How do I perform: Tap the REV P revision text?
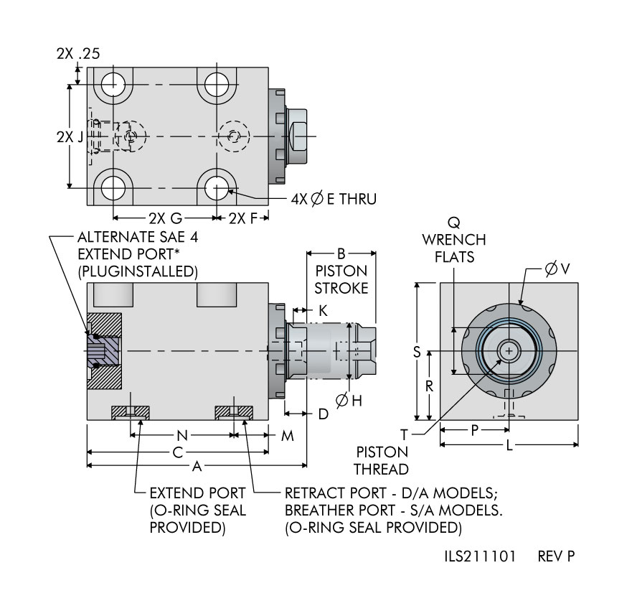click(556, 556)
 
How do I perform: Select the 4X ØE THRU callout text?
click(334, 198)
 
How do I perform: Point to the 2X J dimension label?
click(70, 136)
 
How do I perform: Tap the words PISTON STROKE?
click(341, 279)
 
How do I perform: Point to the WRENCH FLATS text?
click(453, 247)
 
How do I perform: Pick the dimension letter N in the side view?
click(182, 435)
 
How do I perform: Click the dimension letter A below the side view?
click(196, 467)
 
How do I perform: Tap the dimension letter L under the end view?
click(509, 445)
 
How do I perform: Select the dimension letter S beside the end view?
click(416, 352)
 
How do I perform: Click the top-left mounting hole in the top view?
click(113, 85)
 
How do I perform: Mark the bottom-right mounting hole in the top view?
click(216, 188)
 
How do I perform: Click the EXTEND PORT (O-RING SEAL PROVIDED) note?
click(197, 511)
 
